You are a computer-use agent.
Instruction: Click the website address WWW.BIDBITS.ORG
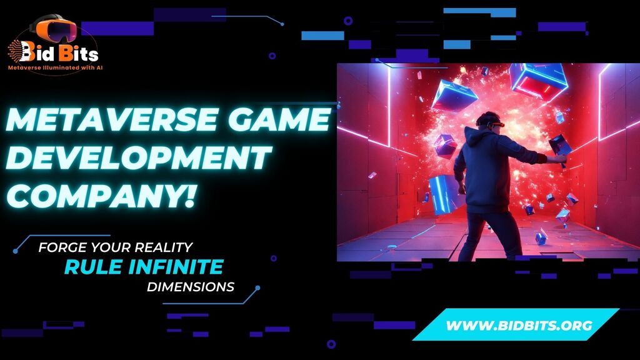coord(519,325)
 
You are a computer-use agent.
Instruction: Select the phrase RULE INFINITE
coord(144,267)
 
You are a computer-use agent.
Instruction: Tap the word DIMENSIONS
coord(191,287)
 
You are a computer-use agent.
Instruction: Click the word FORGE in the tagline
coord(62,247)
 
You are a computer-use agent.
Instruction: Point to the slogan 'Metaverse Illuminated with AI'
coord(55,67)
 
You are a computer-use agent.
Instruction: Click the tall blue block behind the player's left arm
coord(443,194)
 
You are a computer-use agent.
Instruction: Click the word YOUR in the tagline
coord(110,247)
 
